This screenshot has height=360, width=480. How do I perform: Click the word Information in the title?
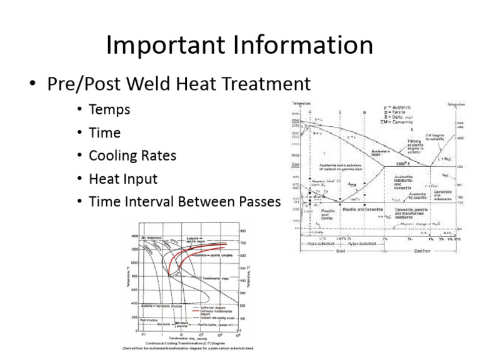[306, 46]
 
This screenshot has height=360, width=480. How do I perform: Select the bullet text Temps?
[109, 110]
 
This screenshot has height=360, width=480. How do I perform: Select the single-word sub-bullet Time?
[105, 133]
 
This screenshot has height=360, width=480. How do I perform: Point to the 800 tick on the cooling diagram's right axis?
[242, 231]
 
